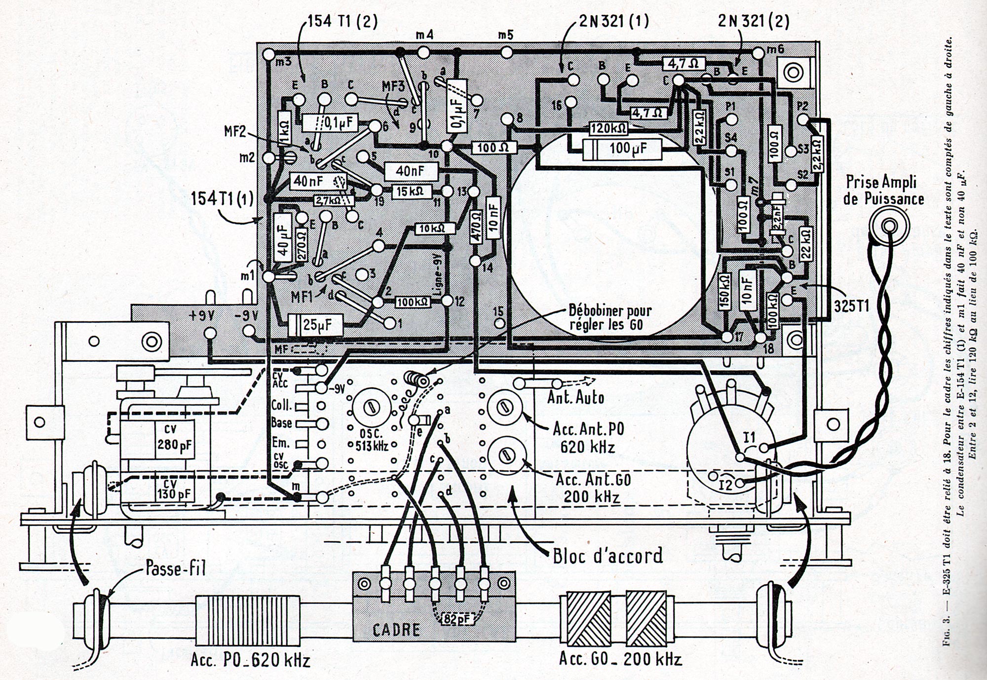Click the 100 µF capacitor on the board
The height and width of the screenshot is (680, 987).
[x=622, y=150]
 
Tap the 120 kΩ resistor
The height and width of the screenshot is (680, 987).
[x=608, y=129]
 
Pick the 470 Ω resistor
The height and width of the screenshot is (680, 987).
[x=476, y=227]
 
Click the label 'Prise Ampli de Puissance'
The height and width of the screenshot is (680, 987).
[x=885, y=190]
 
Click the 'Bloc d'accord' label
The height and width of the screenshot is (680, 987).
[x=607, y=556]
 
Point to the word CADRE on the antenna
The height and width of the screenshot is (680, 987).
[x=397, y=630]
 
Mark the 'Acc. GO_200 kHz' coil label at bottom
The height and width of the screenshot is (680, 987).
[x=620, y=659]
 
